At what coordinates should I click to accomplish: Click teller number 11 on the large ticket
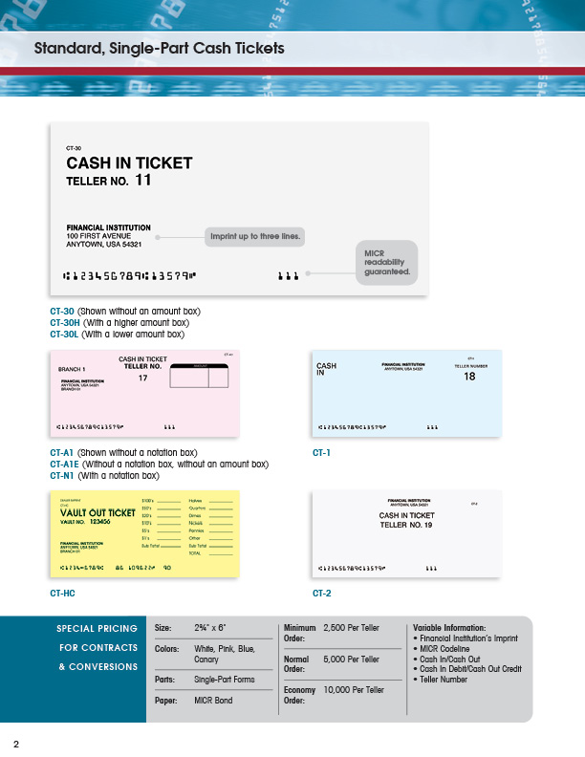pyautogui.click(x=142, y=180)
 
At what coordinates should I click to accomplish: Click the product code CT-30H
pyautogui.click(x=62, y=323)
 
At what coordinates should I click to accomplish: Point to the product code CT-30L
pyautogui.click(x=62, y=335)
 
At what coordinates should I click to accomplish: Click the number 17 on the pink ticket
pyautogui.click(x=143, y=378)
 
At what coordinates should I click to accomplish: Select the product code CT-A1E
pyautogui.click(x=63, y=464)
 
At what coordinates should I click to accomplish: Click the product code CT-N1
pyautogui.click(x=61, y=475)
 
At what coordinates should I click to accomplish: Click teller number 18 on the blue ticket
pyautogui.click(x=469, y=377)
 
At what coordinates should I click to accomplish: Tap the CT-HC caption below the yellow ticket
pyautogui.click(x=62, y=594)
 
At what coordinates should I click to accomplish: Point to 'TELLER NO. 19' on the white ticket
pyautogui.click(x=406, y=525)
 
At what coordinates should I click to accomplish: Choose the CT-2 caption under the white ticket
pyautogui.click(x=321, y=594)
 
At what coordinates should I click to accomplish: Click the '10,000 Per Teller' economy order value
pyautogui.click(x=354, y=689)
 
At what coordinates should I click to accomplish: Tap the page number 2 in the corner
pyautogui.click(x=16, y=745)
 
